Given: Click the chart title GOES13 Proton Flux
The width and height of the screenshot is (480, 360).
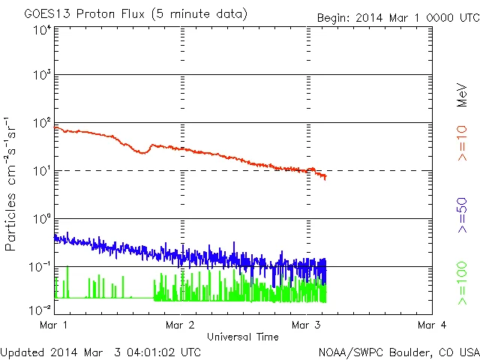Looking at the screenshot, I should [x=135, y=13].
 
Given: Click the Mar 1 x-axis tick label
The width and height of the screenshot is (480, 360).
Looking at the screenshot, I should [x=56, y=325].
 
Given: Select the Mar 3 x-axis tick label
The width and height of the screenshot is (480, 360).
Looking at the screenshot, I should [x=305, y=325].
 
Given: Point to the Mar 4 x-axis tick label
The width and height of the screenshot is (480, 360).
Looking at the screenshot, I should [x=430, y=325].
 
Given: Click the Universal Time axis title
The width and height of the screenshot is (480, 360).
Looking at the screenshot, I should [x=242, y=337].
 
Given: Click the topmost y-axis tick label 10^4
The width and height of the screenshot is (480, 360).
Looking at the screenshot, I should [x=42, y=29].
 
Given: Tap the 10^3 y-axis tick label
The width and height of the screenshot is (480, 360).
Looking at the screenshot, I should [x=42, y=76].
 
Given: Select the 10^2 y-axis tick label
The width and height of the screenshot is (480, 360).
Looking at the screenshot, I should [x=42, y=124].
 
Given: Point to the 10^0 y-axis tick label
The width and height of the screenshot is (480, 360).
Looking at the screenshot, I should [x=42, y=219].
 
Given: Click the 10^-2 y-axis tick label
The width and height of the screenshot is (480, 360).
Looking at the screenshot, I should [x=40, y=309].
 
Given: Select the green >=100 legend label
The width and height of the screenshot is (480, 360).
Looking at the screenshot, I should [x=462, y=283].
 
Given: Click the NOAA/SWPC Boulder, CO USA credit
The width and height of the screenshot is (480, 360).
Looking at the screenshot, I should [x=398, y=351].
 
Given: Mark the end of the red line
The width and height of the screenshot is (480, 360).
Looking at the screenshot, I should [x=325, y=178].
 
